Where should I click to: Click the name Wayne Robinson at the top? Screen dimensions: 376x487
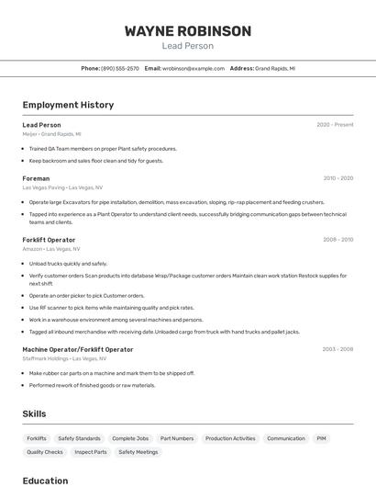pyautogui.click(x=187, y=31)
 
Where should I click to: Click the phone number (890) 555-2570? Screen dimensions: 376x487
pyautogui.click(x=120, y=68)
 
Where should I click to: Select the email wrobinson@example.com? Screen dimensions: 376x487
pyautogui.click(x=194, y=68)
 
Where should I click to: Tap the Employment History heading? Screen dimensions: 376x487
pyautogui.click(x=68, y=106)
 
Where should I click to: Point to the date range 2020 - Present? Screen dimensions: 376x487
pyautogui.click(x=335, y=125)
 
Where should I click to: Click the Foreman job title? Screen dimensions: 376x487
pyautogui.click(x=36, y=178)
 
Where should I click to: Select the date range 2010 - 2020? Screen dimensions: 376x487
pyautogui.click(x=337, y=178)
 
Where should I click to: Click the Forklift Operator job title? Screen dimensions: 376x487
pyautogui.click(x=49, y=240)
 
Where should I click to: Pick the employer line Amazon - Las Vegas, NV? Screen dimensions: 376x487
pyautogui.click(x=51, y=249)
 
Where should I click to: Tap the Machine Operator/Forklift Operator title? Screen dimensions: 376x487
pyautogui.click(x=78, y=349)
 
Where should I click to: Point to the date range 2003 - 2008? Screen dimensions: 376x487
pyautogui.click(x=337, y=349)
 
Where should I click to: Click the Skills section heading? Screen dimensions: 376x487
pyautogui.click(x=35, y=414)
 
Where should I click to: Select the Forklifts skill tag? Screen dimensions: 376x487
pyautogui.click(x=37, y=438)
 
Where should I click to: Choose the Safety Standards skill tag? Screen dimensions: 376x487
pyautogui.click(x=79, y=438)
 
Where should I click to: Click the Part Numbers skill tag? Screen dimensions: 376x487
pyautogui.click(x=177, y=438)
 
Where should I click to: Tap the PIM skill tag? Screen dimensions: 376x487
pyautogui.click(x=322, y=438)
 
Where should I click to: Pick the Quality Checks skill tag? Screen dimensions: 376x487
pyautogui.click(x=45, y=452)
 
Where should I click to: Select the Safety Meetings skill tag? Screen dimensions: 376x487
pyautogui.click(x=138, y=452)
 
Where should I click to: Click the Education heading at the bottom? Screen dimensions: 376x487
pyautogui.click(x=45, y=480)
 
